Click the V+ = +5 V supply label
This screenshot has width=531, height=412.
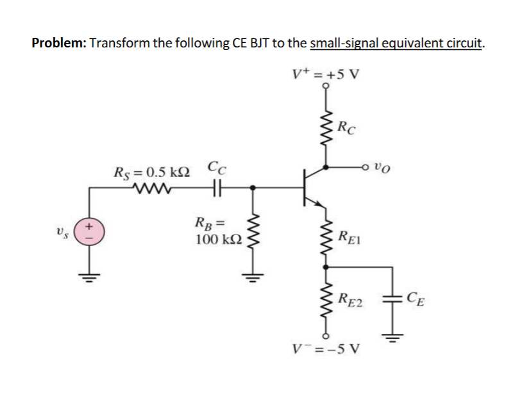point(326,74)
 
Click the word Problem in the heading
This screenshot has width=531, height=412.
point(59,43)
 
